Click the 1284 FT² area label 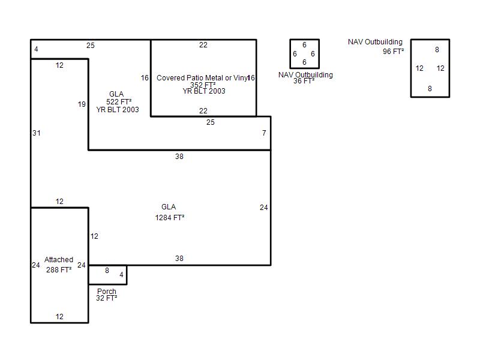170,218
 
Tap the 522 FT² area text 119,102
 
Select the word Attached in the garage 59,260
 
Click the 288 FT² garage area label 59,269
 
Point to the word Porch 107,291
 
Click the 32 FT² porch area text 107,298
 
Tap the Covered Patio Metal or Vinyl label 202,78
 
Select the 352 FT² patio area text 203,85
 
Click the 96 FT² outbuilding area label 393,52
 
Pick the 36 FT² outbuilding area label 304,81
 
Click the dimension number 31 37,133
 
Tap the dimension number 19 82,104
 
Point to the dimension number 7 264,133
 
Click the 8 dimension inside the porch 107,271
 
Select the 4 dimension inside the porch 121,275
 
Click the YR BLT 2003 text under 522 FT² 118,110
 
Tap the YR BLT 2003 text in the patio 204,91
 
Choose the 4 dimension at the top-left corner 36,49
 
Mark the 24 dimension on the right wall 264,208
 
